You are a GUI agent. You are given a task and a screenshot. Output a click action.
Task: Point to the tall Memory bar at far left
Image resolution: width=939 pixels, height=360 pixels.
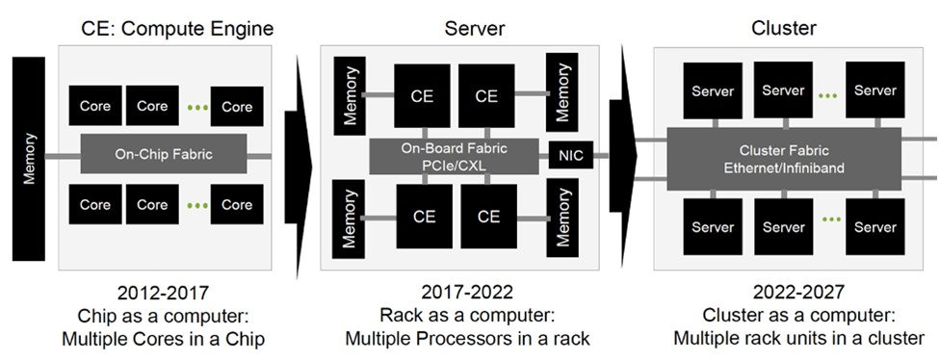point(28,159)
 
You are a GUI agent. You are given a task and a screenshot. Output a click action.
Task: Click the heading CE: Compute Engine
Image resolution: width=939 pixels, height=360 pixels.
point(178,30)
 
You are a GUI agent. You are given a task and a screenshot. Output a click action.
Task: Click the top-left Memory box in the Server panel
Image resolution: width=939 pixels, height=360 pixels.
point(350,93)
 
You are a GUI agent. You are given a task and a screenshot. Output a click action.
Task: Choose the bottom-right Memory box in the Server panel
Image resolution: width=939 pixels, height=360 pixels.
point(561,222)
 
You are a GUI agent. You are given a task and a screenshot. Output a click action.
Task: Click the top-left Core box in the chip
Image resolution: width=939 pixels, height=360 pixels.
point(95,106)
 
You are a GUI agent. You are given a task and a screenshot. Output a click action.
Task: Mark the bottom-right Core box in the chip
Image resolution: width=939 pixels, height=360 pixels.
point(237,204)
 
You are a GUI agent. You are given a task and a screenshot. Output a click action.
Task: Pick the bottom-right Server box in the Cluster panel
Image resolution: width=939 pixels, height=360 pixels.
point(875,227)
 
